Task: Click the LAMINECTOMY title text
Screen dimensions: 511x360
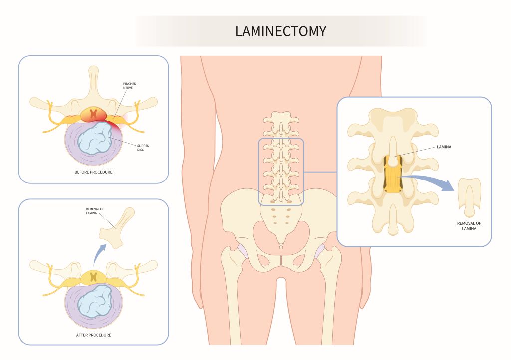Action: (280, 31)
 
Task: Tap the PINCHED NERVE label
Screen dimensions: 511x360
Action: (129, 86)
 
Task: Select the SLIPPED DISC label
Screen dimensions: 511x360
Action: (143, 148)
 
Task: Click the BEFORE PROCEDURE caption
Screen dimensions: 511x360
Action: (93, 172)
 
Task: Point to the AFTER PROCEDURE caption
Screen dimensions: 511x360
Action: (93, 335)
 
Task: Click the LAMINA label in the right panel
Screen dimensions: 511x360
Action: (444, 147)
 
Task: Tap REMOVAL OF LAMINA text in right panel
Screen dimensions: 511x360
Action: (469, 226)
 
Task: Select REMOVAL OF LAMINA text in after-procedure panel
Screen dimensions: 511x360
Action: (95, 211)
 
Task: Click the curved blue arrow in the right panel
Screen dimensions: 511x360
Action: (430, 179)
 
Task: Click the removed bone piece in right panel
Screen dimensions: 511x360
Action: (469, 197)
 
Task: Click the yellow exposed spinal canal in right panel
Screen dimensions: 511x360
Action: (393, 175)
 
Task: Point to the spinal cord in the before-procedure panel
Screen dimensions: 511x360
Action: (94, 115)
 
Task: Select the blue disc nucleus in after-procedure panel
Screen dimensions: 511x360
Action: (94, 301)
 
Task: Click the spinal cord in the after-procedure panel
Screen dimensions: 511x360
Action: (94, 277)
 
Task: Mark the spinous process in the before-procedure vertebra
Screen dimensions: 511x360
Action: (93, 81)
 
